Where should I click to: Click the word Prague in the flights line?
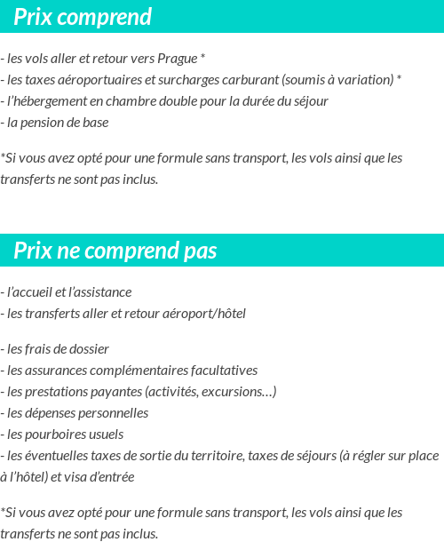coord(178,59)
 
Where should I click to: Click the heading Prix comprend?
coord(83,17)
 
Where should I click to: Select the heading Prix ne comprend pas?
coord(115,251)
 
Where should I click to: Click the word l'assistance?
coord(99,292)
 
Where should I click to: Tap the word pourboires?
coord(54,434)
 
